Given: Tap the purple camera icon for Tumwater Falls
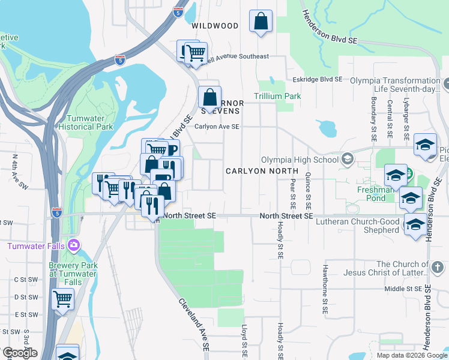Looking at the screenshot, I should point(73,245).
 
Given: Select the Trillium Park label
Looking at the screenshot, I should point(277,96).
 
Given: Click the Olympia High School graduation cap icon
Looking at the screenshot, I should point(346,160).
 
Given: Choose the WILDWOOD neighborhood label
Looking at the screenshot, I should point(215,26).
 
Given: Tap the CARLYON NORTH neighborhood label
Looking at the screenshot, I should point(262,171).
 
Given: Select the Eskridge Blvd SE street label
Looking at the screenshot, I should point(318,79).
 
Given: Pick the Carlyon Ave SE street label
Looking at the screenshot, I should point(217,127).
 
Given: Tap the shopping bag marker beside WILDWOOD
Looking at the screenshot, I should point(261,22).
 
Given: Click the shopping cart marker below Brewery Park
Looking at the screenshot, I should point(62,299).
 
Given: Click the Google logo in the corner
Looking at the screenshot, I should point(20,353).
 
